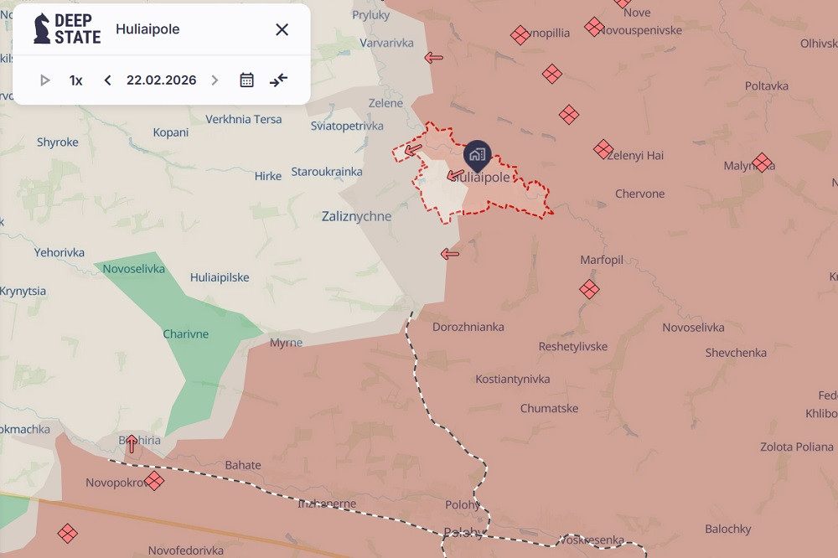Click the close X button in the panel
coord(282,29)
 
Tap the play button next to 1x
coord(45,80)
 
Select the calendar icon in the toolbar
coord(246,80)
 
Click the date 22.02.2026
coord(161,80)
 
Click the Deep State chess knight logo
coord(42,29)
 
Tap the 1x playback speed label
coord(76,80)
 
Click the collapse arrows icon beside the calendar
coord(278,80)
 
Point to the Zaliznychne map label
coord(356,216)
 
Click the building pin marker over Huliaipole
coord(477,154)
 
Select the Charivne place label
coord(186,334)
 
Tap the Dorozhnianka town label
coord(468,327)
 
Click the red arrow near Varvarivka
coord(433,58)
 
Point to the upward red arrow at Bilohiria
coord(132,443)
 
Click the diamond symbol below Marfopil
coord(589,290)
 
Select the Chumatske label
coord(549,409)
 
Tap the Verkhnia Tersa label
coord(243,119)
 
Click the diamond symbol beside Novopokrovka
coord(154,481)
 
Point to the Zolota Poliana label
coord(796,447)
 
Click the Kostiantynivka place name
coord(513,380)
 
